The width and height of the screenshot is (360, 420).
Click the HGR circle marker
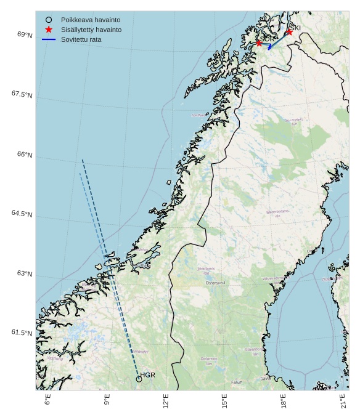point(139,379)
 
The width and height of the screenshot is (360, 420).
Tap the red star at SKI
point(289,31)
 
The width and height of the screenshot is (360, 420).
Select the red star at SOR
point(259,42)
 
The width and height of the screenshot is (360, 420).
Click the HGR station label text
point(148,375)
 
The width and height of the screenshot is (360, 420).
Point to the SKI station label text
point(295,28)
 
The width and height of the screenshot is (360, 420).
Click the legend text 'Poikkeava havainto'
point(91,20)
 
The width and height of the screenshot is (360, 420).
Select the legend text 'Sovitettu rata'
point(81,39)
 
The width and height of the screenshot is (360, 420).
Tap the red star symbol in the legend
point(49,30)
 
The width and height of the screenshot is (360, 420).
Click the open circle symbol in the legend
point(49,20)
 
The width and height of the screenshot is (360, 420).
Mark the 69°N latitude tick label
point(25,35)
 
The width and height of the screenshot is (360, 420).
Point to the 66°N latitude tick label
point(25,155)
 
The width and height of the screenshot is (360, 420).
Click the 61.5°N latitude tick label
point(22,333)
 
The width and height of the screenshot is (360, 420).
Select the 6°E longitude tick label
point(48,400)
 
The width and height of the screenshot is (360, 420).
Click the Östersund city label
point(216,283)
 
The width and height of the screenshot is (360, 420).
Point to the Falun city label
point(237,382)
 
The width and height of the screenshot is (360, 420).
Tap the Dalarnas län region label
point(208,361)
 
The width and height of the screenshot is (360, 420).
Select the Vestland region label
point(55,358)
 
